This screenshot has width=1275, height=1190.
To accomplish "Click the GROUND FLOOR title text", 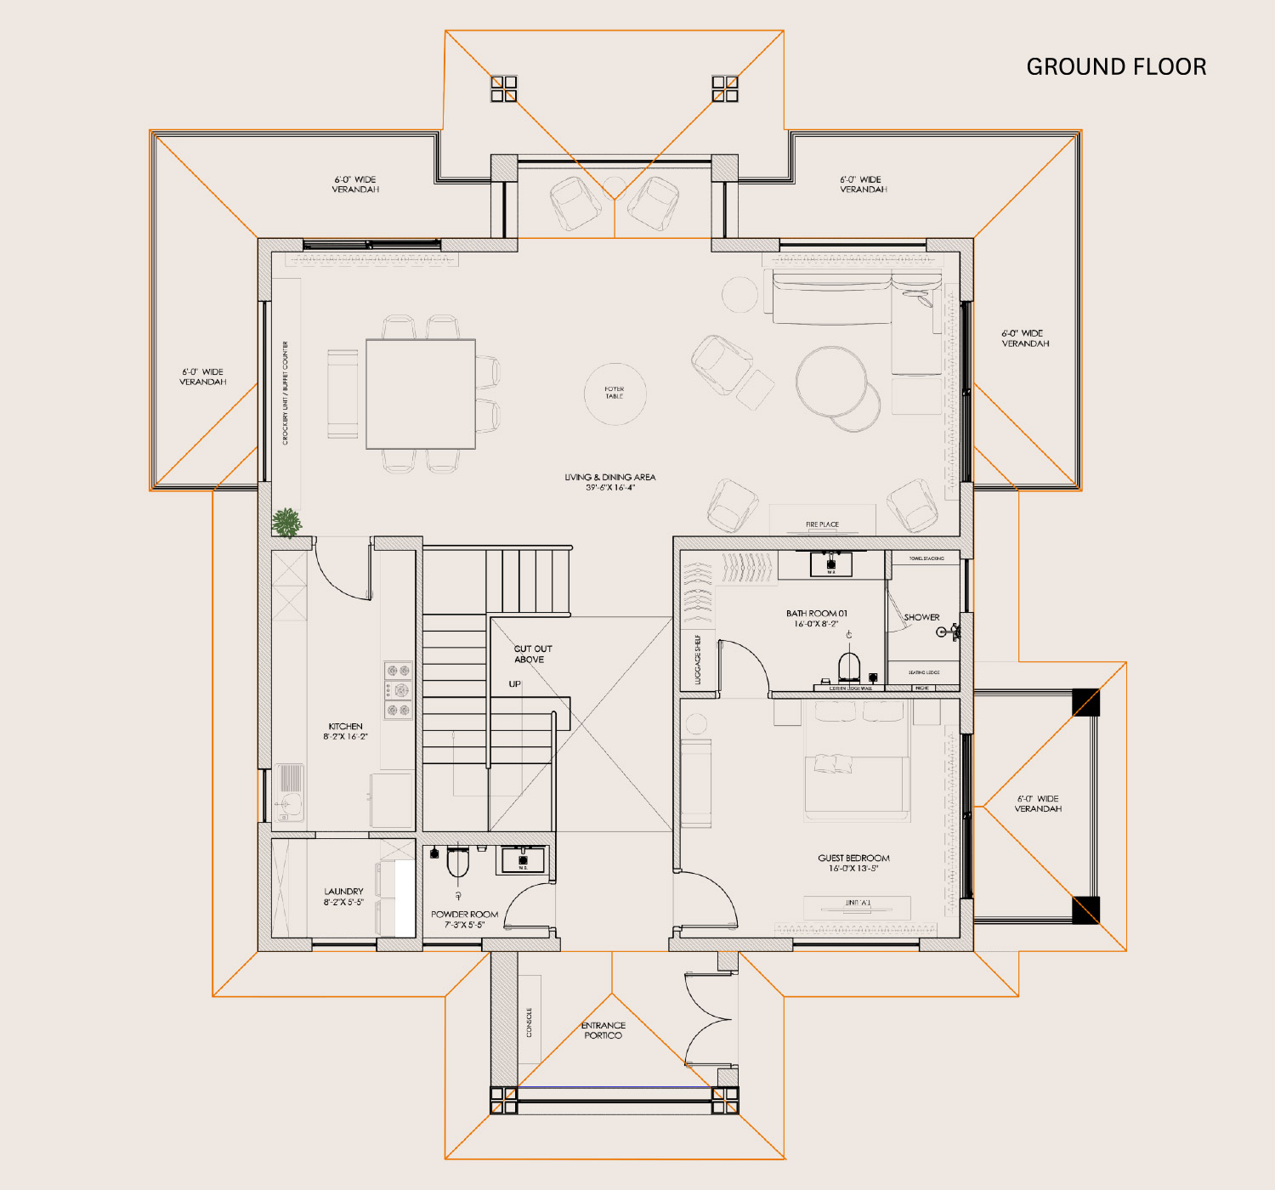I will click(x=1116, y=67).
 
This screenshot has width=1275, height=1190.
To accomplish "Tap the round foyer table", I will click(x=615, y=393).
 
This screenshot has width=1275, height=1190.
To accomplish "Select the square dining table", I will click(x=420, y=394).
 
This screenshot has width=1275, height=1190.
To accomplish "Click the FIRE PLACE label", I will click(x=822, y=524).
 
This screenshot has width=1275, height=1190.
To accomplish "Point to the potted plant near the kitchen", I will click(x=287, y=523).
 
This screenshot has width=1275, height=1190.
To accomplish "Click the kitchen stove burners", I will click(x=398, y=690).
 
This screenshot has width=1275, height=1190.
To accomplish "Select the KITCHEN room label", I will click(x=345, y=731).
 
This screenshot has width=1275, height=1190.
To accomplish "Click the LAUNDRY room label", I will click(x=343, y=896).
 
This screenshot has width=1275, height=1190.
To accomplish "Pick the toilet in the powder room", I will click(x=458, y=863).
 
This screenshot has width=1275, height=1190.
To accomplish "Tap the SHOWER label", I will click(x=921, y=617).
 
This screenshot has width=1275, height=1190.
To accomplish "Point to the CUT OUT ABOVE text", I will click(x=532, y=654).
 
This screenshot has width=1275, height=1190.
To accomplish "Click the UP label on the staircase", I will click(x=514, y=683).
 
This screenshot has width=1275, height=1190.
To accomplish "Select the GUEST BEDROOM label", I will click(x=853, y=863).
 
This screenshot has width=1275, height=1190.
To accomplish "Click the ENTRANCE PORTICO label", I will click(x=603, y=1030).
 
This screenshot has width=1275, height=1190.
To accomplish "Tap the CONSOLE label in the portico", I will click(x=529, y=1022).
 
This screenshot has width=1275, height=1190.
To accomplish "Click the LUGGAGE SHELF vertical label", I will click(x=698, y=659).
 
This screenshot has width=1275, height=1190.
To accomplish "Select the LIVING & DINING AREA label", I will click(x=609, y=482).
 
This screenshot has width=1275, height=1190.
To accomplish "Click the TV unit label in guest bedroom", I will click(x=857, y=903).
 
